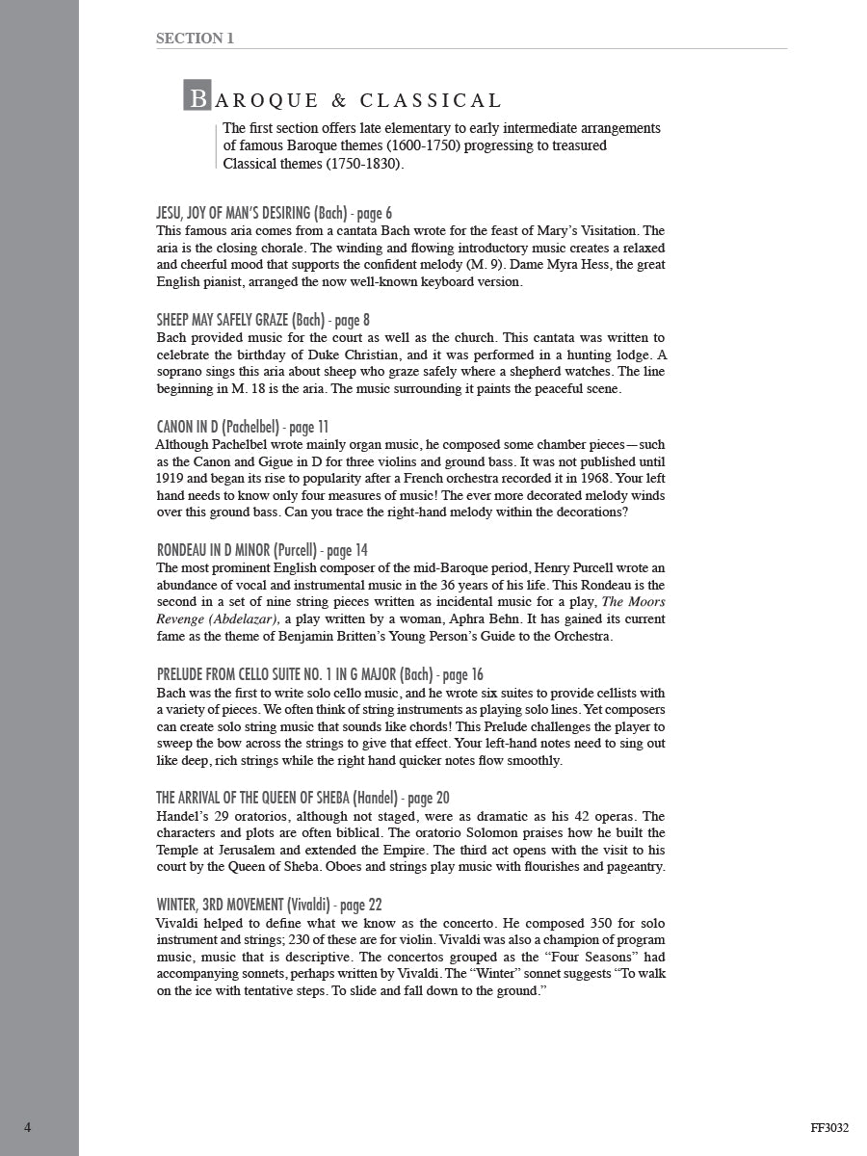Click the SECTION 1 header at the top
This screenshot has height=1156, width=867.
[x=195, y=39]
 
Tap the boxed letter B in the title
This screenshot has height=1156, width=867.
[x=197, y=97]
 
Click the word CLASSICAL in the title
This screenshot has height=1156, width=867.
[x=431, y=100]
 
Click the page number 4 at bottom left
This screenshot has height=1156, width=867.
[x=28, y=1127]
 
